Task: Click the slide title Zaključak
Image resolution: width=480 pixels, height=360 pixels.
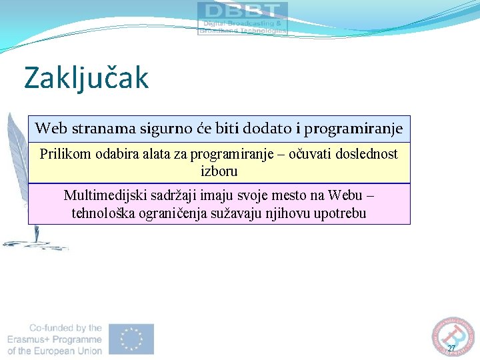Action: pyautogui.click(x=86, y=77)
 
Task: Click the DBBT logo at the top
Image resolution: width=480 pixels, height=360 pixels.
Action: pyautogui.click(x=243, y=18)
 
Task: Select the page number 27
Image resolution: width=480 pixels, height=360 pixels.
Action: pyautogui.click(x=451, y=349)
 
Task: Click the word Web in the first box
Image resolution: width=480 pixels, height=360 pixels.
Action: pyautogui.click(x=51, y=127)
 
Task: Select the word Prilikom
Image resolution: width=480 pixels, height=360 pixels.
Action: pyautogui.click(x=65, y=154)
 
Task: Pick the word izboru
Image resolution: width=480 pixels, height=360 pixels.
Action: pyautogui.click(x=219, y=171)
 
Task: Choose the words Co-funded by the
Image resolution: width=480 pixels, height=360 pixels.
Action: pyautogui.click(x=65, y=328)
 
